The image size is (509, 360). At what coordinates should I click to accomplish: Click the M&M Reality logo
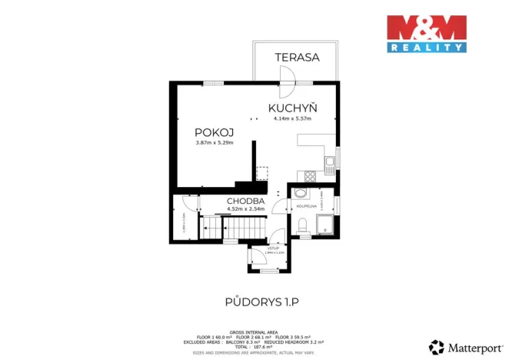(x=426, y=33)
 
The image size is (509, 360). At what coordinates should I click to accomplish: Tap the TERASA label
(x=297, y=57)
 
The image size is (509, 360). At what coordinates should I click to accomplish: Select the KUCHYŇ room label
(x=292, y=108)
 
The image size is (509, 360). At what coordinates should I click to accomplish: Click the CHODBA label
(x=245, y=202)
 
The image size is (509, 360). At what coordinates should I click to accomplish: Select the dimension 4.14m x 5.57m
(x=292, y=118)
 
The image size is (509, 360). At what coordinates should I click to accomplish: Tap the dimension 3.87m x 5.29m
(x=214, y=142)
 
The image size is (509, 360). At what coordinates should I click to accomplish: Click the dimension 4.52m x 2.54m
(x=245, y=208)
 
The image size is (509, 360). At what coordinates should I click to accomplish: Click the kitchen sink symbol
(x=329, y=162)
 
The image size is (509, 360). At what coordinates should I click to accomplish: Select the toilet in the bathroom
(x=303, y=224)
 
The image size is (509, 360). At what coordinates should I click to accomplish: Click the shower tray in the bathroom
(x=326, y=225)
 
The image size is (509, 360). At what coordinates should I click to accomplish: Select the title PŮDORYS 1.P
(x=254, y=302)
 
